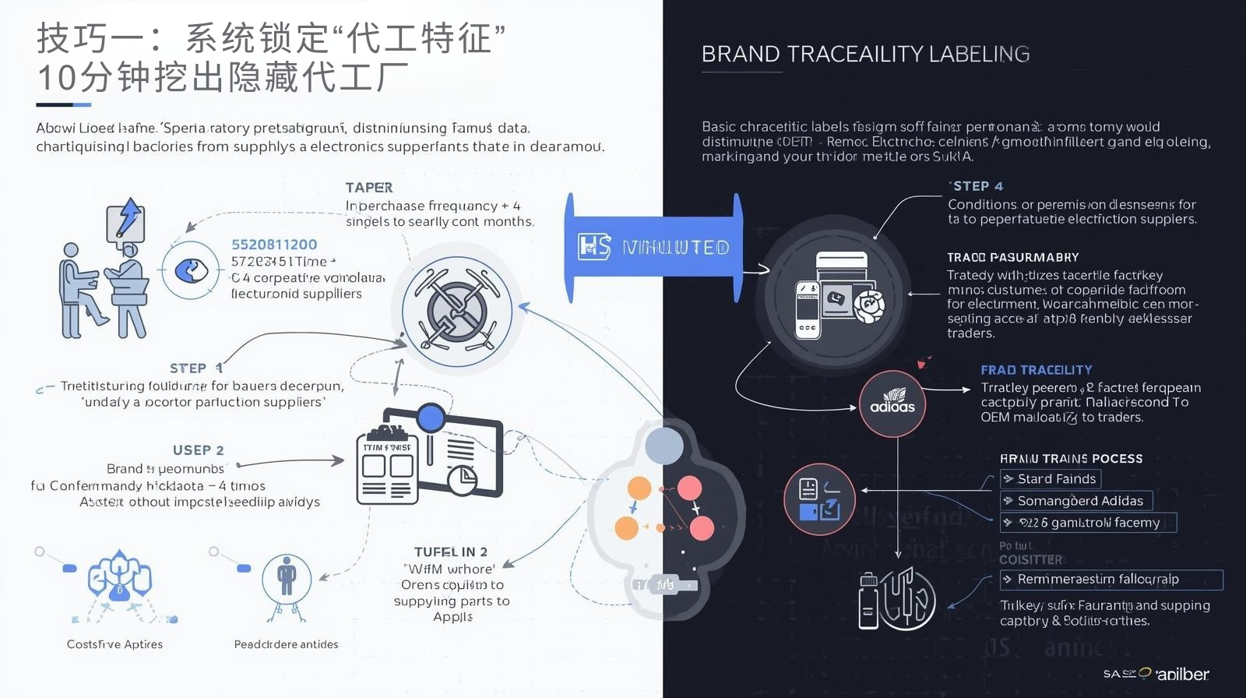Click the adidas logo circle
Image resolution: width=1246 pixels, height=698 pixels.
point(892,404)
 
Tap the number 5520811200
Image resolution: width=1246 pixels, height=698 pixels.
point(274,245)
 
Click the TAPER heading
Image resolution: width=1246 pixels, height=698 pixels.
point(369,188)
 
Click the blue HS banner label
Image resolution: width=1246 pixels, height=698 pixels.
point(653,248)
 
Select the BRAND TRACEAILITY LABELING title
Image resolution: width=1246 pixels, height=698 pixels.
point(865,55)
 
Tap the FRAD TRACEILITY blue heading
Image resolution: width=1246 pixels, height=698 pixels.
point(1036,370)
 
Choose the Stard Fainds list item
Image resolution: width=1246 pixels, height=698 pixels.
point(1051,479)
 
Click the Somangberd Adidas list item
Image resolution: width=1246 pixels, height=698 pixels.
point(1075,501)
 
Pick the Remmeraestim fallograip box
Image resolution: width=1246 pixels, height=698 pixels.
point(1110,580)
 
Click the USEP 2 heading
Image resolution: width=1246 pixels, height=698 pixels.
point(198,450)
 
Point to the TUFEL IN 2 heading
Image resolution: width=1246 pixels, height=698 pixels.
point(451,552)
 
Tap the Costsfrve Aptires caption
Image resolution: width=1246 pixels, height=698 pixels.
point(114,644)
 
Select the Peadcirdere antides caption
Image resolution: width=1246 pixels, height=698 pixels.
point(286,644)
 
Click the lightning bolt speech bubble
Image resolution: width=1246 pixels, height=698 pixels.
point(126,220)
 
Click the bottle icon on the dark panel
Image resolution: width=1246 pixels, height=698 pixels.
point(868,601)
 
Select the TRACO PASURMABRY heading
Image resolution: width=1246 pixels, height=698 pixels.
point(1012,257)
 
